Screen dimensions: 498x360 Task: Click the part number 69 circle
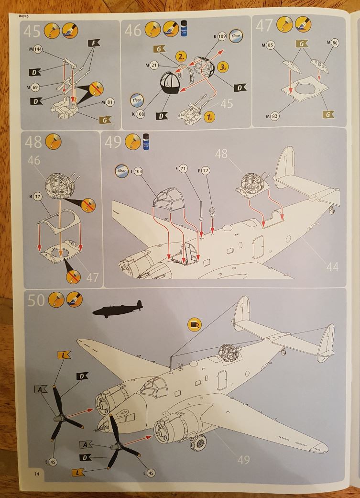35,87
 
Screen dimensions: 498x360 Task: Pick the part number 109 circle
222,36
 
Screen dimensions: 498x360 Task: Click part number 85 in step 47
270,46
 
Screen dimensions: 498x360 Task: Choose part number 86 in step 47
335,43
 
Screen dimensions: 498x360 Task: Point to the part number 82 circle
273,115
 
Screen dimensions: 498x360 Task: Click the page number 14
36,473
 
